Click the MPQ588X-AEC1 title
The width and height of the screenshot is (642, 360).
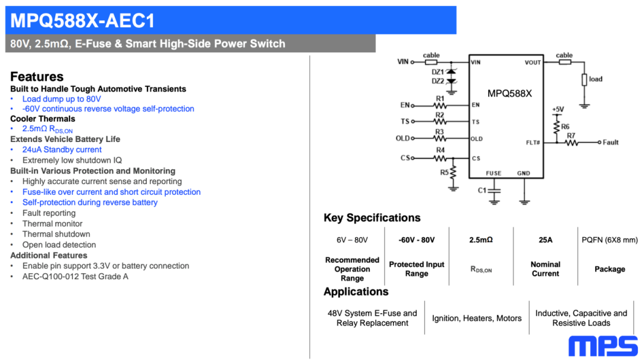(x=83, y=21)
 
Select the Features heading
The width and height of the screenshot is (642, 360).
(x=37, y=77)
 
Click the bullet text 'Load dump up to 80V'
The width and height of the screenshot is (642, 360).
(x=62, y=99)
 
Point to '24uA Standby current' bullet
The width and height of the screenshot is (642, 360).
(x=62, y=150)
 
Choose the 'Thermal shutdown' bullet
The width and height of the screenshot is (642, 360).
(x=56, y=234)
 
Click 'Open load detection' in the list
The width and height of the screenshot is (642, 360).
(x=59, y=245)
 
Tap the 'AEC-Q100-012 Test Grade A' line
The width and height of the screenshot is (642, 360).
(x=75, y=276)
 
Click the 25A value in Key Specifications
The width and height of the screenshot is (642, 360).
(x=545, y=240)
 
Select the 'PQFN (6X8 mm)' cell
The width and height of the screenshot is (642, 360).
(x=609, y=240)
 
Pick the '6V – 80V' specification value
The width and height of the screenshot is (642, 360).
(x=352, y=240)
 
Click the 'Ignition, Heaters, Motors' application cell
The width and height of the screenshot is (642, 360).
(x=477, y=318)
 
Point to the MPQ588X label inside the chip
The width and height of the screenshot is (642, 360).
(x=509, y=93)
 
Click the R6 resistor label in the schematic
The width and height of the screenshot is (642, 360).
(x=565, y=127)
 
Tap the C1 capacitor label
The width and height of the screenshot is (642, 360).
(x=482, y=190)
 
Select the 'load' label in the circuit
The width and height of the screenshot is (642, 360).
(x=596, y=79)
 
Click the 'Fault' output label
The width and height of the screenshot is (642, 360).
(x=610, y=143)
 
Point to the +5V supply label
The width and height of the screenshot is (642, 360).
(x=558, y=110)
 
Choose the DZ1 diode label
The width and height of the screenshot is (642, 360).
(x=438, y=72)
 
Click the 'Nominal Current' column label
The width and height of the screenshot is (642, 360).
(x=545, y=269)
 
